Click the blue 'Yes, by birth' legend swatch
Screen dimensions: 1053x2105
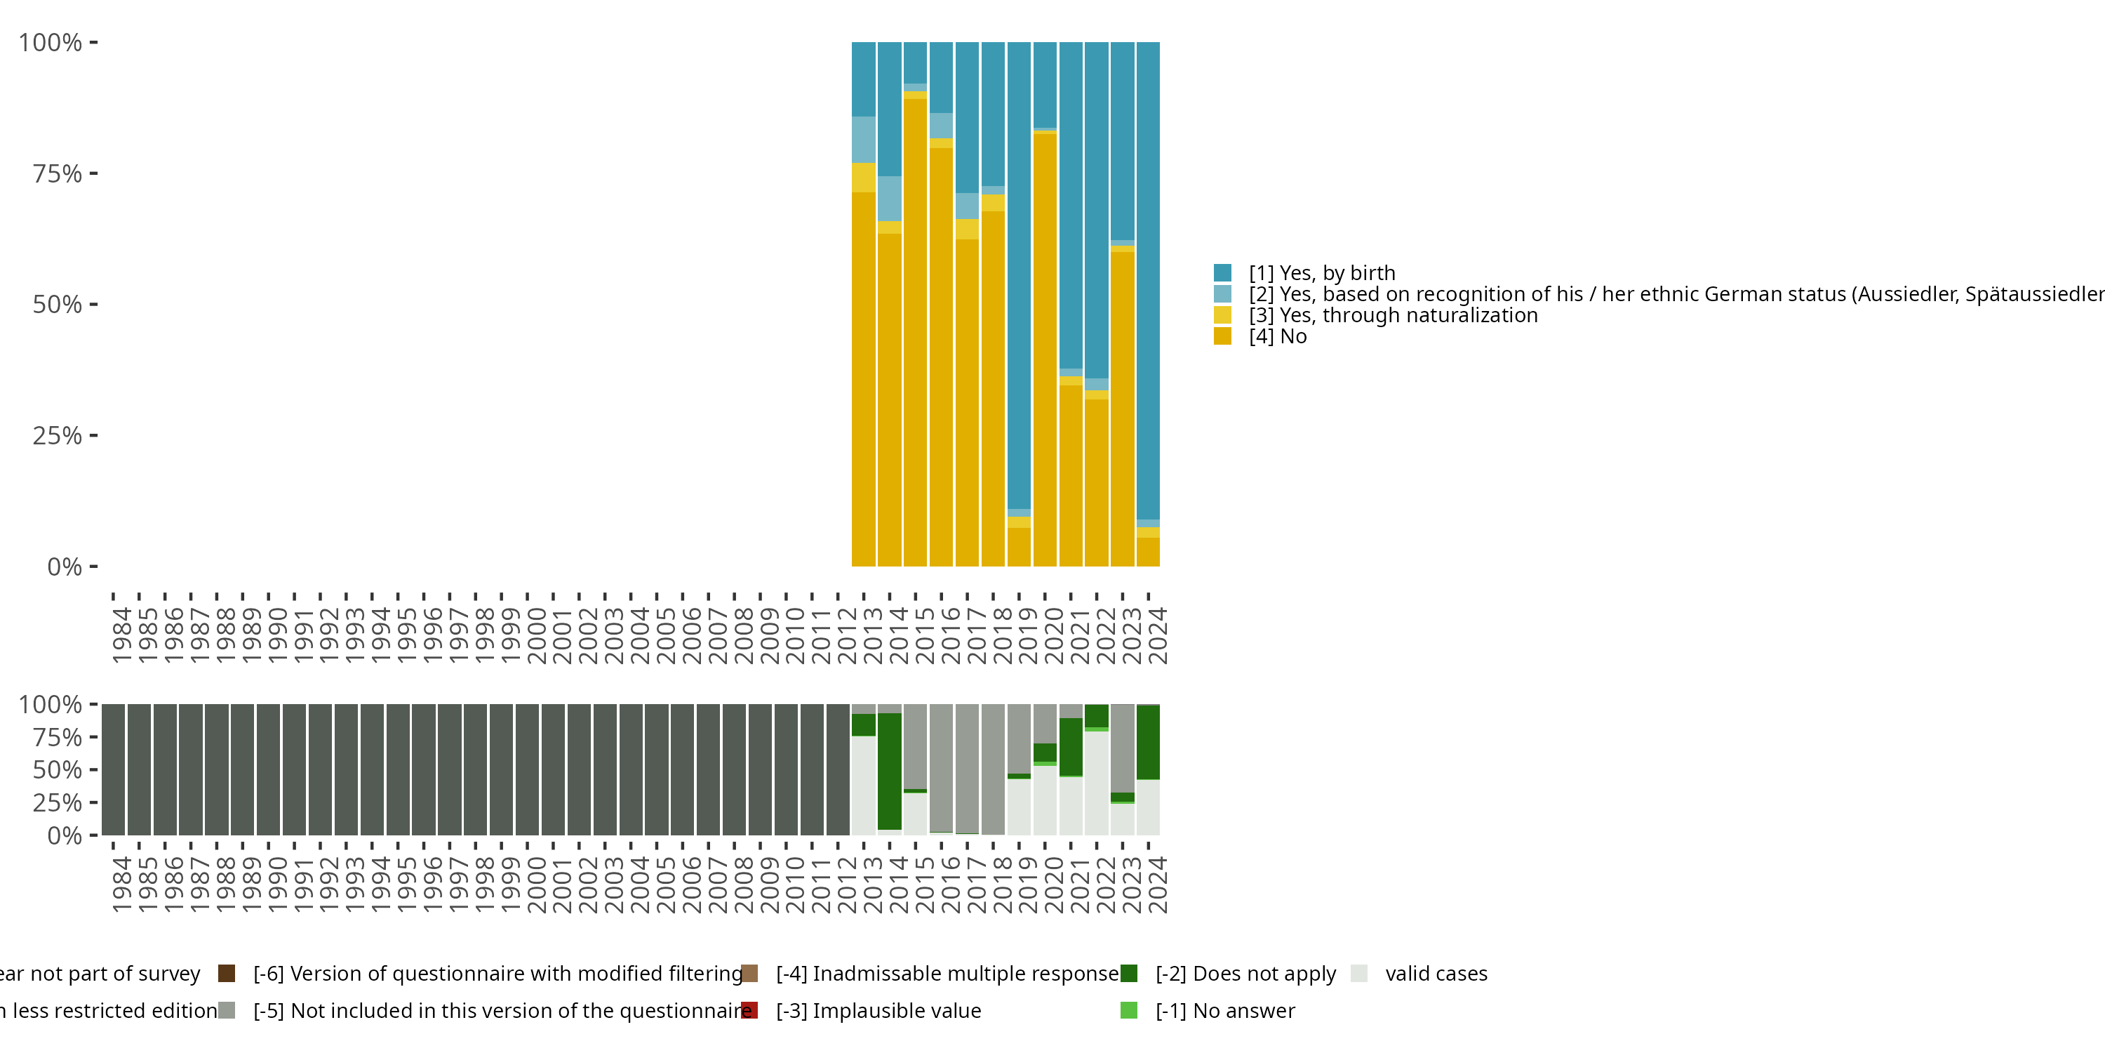pos(1222,272)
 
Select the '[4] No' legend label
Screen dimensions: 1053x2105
pos(1277,336)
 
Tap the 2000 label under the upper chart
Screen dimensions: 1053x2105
pos(536,635)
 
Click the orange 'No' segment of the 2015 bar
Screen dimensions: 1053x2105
pos(915,327)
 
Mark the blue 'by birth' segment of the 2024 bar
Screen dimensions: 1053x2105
pos(1148,278)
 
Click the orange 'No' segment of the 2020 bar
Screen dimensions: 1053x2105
pos(1044,343)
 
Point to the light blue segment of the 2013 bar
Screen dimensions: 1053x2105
pos(864,140)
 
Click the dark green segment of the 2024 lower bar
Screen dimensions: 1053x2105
pos(1148,741)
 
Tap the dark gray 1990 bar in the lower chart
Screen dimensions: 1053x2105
pos(268,769)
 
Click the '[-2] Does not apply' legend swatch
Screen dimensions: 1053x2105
pos(1128,973)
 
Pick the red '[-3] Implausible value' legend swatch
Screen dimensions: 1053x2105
pos(749,1010)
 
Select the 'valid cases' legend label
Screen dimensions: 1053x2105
pos(1436,973)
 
